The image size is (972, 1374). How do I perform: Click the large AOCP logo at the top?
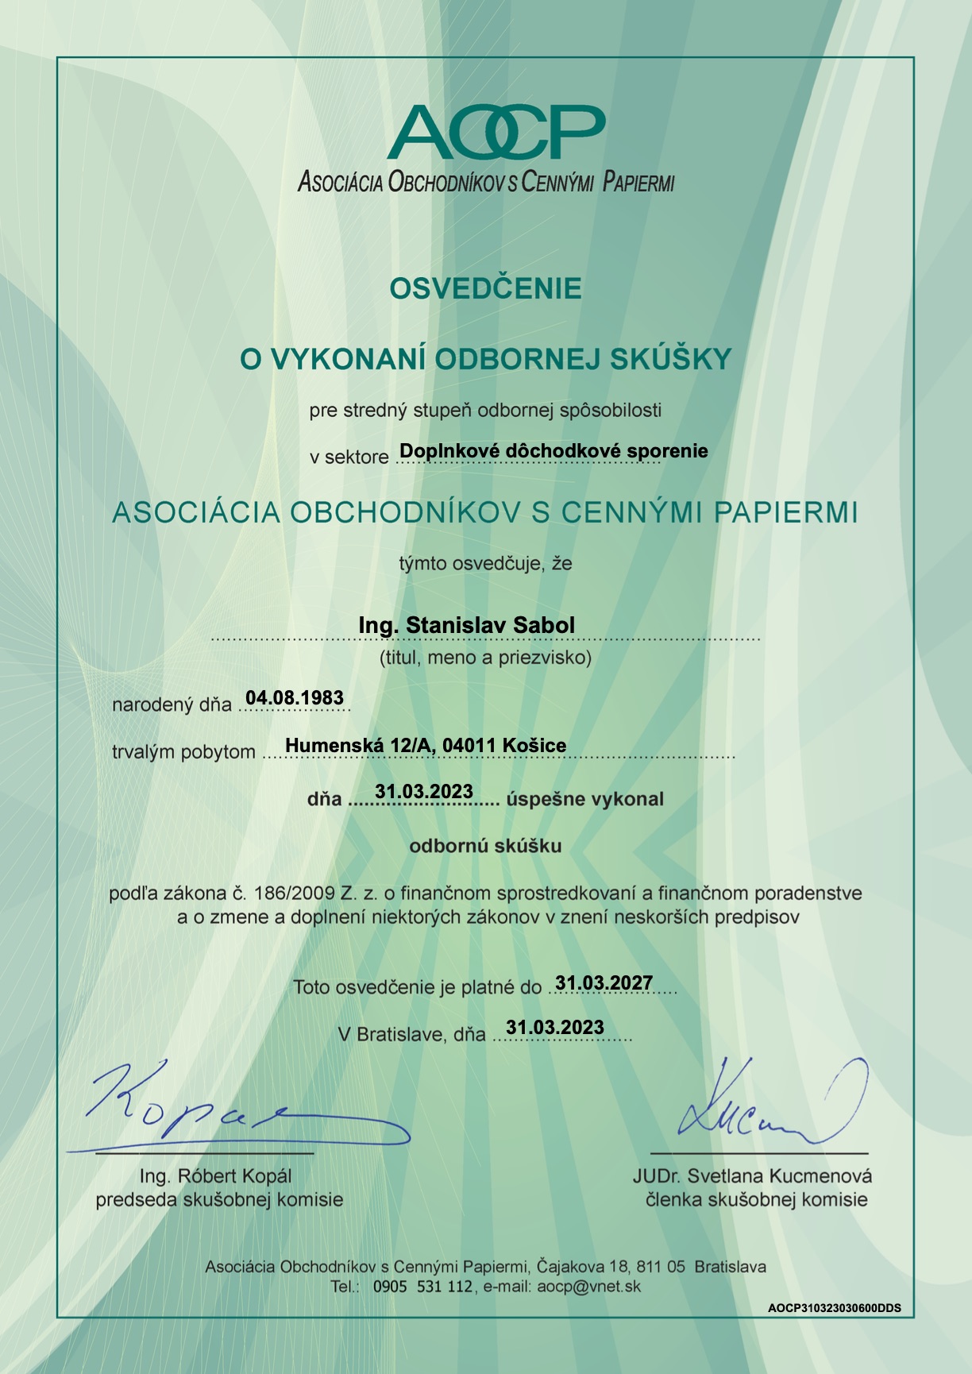pyautogui.click(x=496, y=132)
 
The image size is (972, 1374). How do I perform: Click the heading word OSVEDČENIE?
pyautogui.click(x=485, y=288)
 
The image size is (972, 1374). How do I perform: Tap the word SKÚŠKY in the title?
pyautogui.click(x=670, y=359)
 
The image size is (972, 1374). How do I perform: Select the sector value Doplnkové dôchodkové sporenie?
pyautogui.click(x=553, y=451)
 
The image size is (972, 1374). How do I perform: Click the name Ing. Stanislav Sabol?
pyautogui.click(x=466, y=625)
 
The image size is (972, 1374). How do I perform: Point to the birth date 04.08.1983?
pyautogui.click(x=295, y=698)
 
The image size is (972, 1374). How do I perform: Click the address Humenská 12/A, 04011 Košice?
pyautogui.click(x=426, y=745)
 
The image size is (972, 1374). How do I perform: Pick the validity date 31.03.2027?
pyautogui.click(x=604, y=983)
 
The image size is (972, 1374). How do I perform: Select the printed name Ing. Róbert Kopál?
pyautogui.click(x=215, y=1176)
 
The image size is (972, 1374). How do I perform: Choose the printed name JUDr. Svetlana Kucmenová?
pyautogui.click(x=752, y=1176)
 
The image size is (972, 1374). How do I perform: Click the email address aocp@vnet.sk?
pyautogui.click(x=588, y=1287)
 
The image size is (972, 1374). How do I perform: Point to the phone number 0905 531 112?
pyautogui.click(x=422, y=1287)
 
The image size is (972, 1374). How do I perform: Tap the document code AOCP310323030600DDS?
pyautogui.click(x=834, y=1308)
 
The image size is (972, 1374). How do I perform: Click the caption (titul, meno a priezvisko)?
pyautogui.click(x=485, y=658)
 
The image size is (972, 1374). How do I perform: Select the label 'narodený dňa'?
pyautogui.click(x=172, y=704)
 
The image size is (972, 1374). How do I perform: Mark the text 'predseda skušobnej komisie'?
pyautogui.click(x=219, y=1200)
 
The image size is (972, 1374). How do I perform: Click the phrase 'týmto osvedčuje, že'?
pyautogui.click(x=485, y=564)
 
